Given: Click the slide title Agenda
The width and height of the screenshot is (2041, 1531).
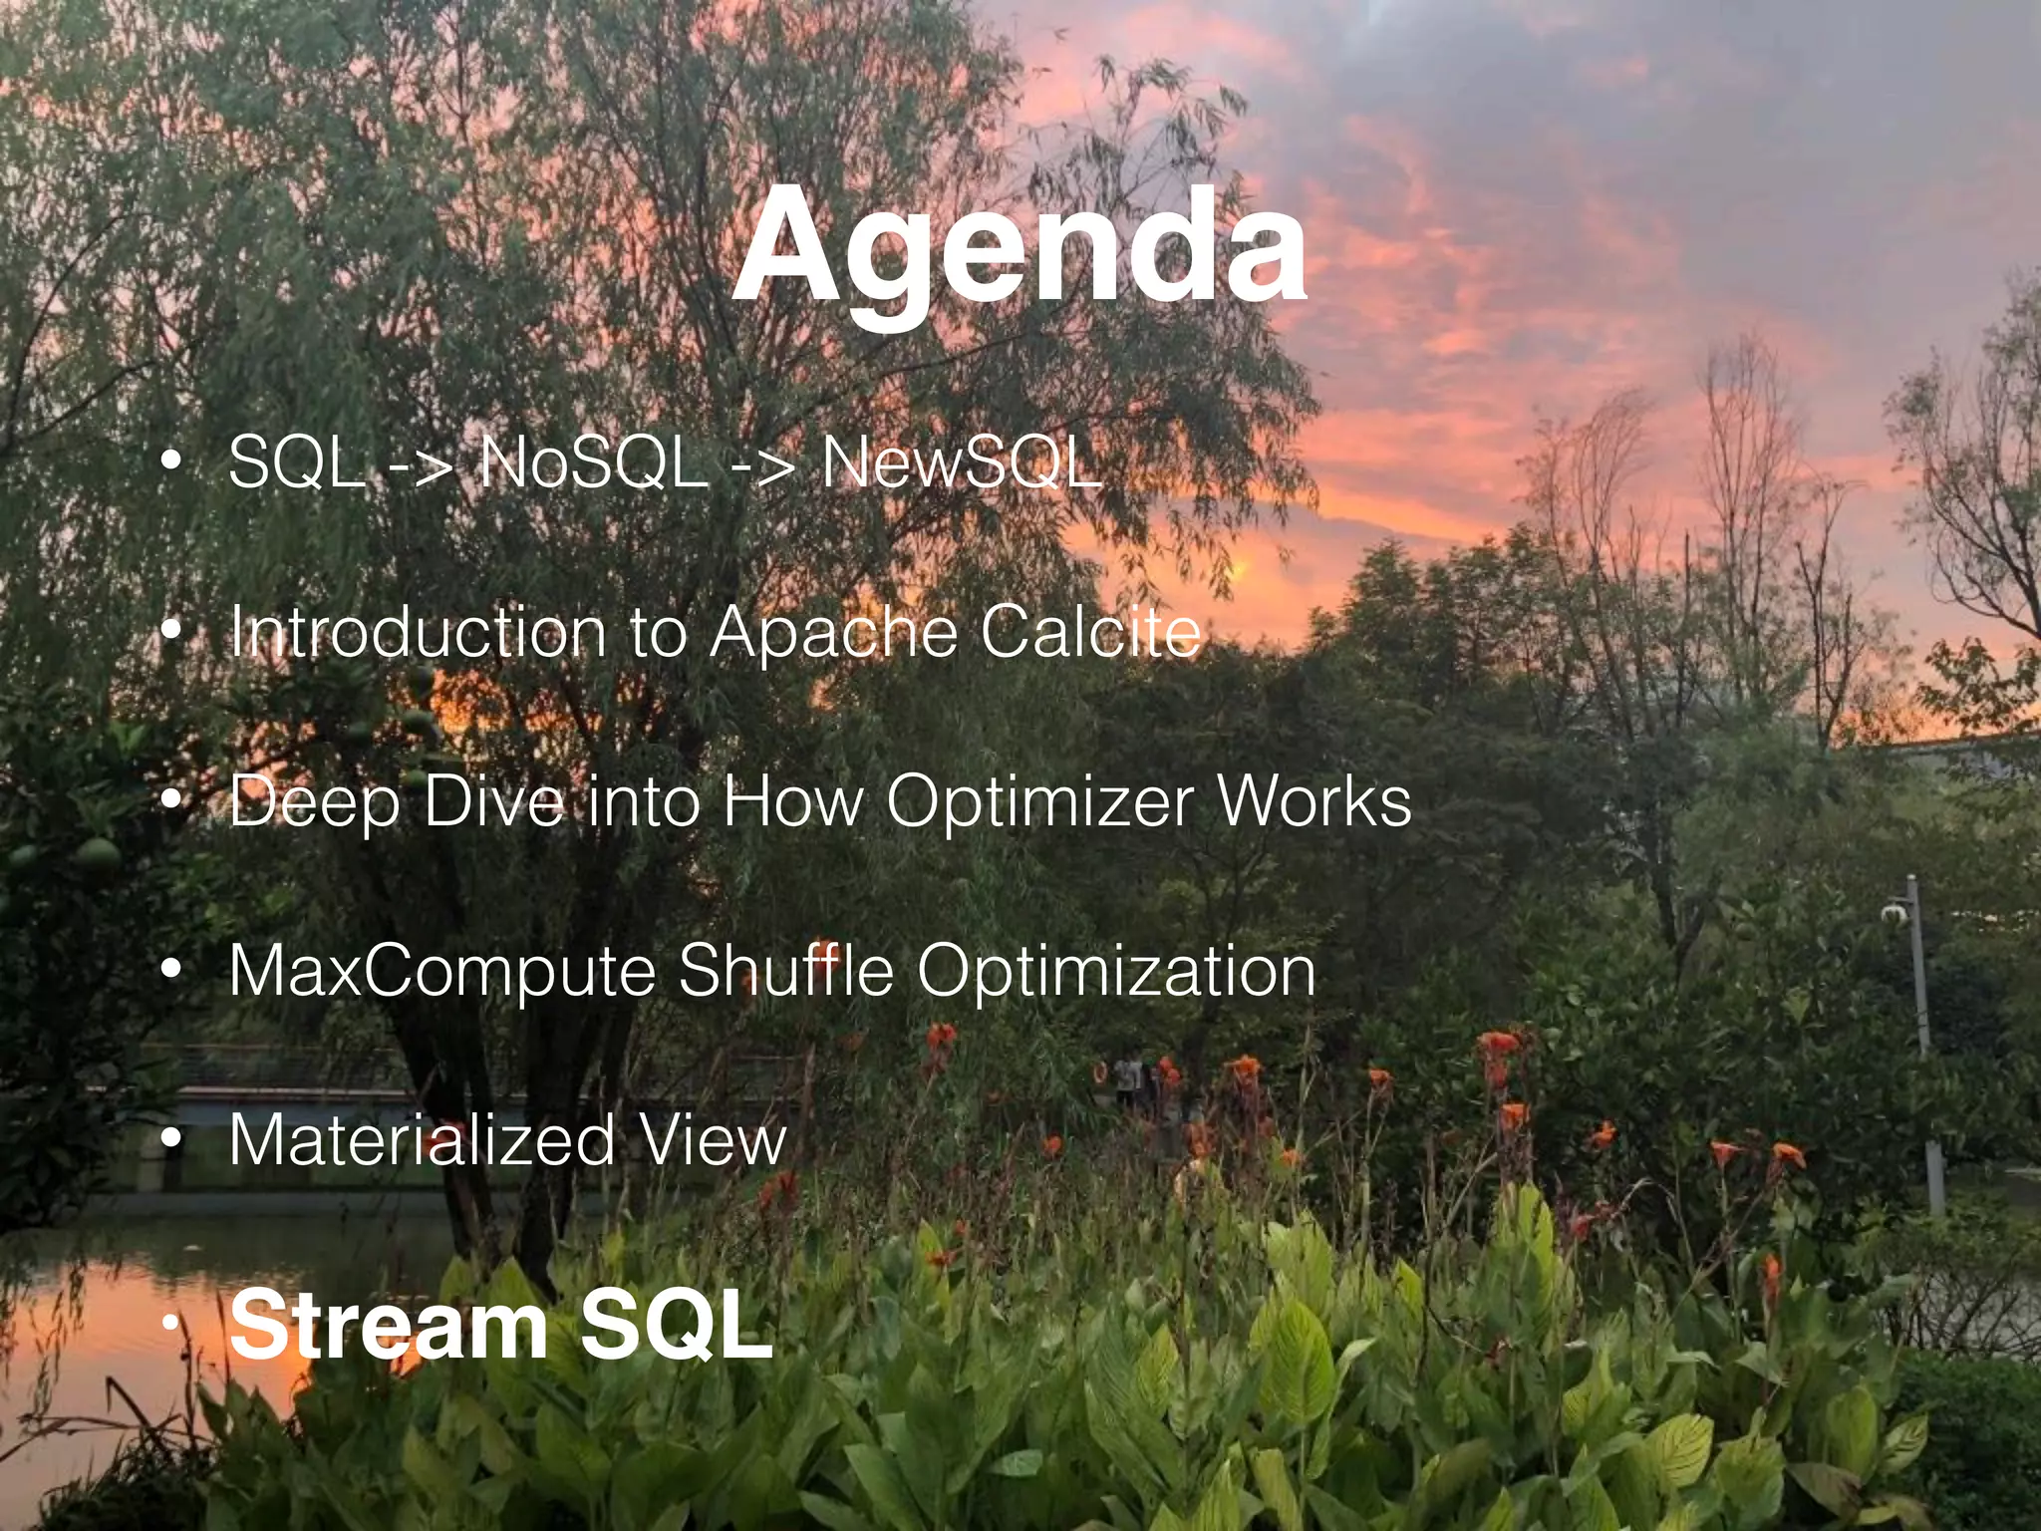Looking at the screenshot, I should [1019, 249].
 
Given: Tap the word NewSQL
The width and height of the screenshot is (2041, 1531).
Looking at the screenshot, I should [961, 463].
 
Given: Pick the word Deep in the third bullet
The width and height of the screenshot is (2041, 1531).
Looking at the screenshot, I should [313, 803].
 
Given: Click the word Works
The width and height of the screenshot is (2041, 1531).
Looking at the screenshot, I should [1314, 801].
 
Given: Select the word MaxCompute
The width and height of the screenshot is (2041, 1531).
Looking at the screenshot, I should [440, 971].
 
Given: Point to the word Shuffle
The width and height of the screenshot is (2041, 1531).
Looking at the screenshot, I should [786, 971].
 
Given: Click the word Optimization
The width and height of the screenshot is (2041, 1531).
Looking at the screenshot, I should [1116, 973].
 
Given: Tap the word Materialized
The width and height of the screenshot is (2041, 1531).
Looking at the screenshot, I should [422, 1140].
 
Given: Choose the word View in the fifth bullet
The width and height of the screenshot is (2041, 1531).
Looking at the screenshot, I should [713, 1140].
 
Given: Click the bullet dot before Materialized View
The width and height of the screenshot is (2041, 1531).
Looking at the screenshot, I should [171, 1140].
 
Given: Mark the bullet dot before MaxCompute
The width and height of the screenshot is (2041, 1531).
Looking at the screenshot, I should [171, 971].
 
